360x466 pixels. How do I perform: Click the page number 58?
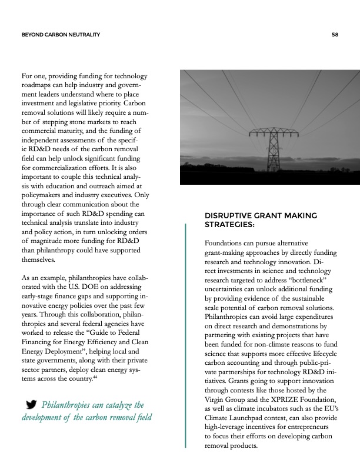click(335, 35)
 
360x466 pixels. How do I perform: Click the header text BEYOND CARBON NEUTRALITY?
click(60, 35)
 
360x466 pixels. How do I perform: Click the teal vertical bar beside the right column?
click(185, 335)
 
